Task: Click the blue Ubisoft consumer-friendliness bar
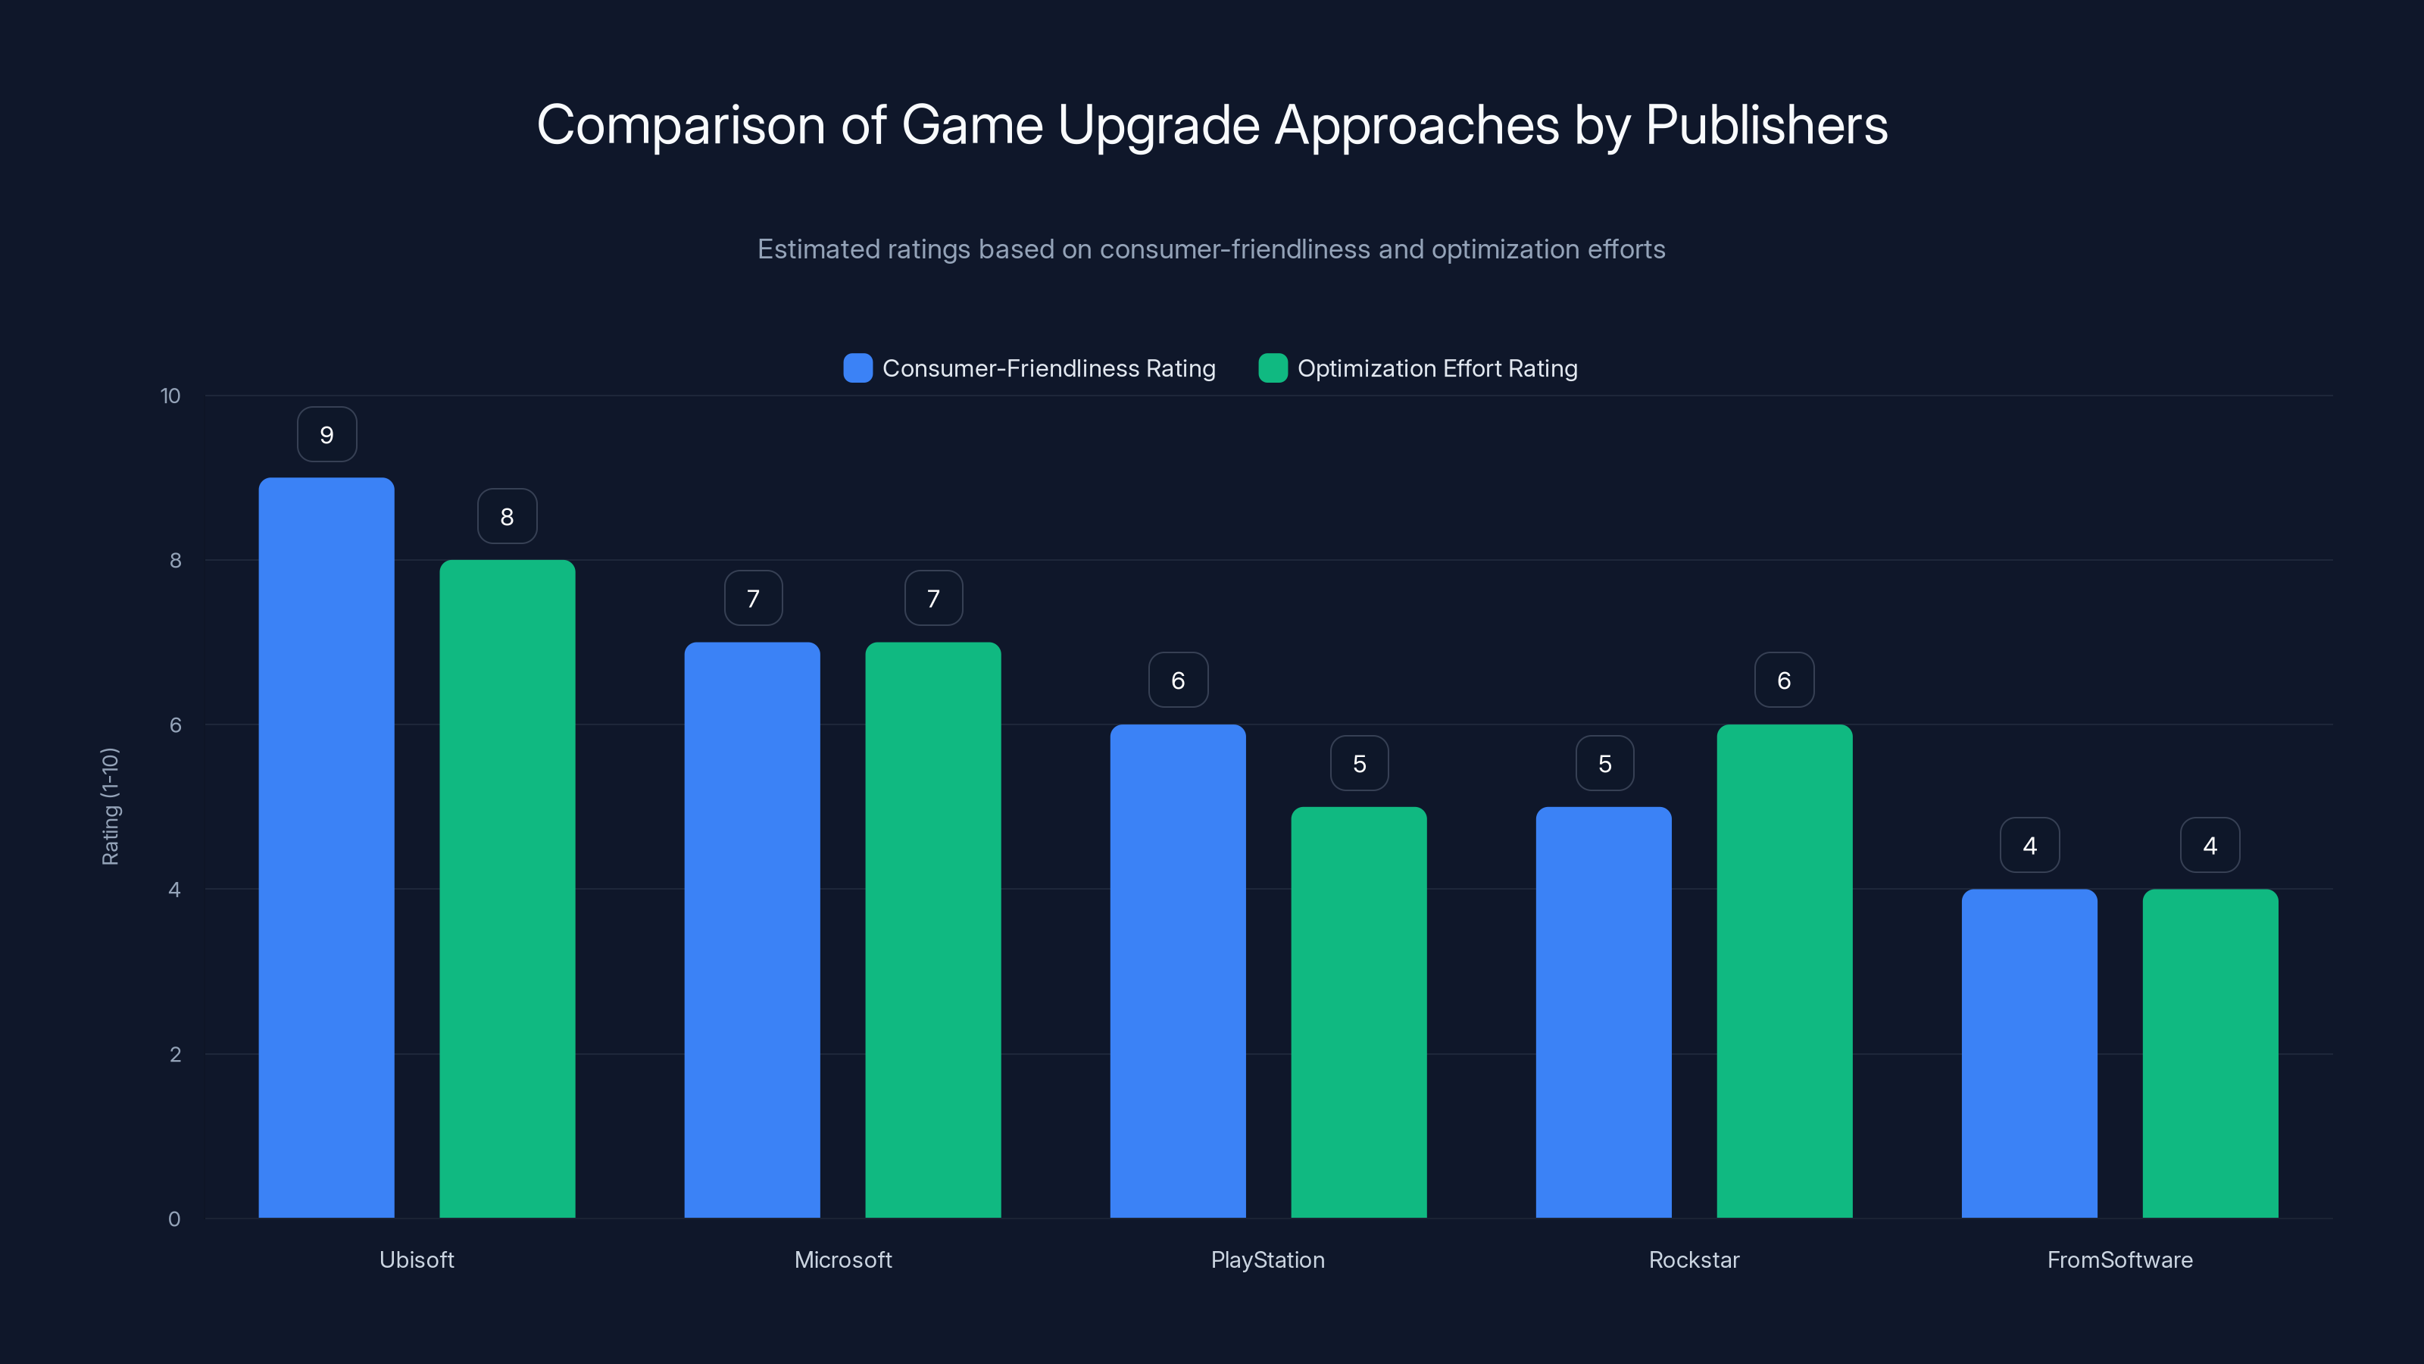[326, 847]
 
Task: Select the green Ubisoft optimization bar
[508, 889]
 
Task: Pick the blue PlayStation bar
[1177, 971]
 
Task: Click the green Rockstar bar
[1784, 971]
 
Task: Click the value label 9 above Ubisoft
[326, 435]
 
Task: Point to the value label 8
[508, 517]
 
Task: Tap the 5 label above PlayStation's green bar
[1359, 763]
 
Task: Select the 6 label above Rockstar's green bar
[1784, 680]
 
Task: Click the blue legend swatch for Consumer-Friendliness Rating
[857, 368]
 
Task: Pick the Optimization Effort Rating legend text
[1437, 368]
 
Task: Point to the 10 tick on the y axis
[170, 396]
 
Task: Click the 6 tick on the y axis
[175, 725]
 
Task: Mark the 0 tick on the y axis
[174, 1219]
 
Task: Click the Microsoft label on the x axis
[842, 1259]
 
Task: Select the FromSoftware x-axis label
[2119, 1259]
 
